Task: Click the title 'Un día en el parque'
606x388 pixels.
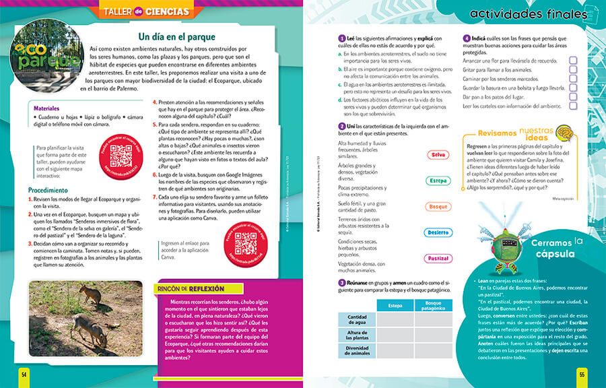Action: point(176,36)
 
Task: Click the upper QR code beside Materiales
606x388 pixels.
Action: point(120,155)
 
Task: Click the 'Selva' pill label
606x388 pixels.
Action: point(438,155)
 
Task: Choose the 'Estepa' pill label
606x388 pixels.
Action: point(438,181)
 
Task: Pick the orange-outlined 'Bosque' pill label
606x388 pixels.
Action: point(438,206)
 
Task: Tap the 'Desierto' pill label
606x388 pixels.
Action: point(438,232)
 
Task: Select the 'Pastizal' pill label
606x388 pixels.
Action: point(438,259)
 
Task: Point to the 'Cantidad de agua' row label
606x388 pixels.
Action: point(356,319)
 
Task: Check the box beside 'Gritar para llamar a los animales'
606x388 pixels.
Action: point(573,69)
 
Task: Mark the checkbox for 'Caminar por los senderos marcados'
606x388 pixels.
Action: point(573,79)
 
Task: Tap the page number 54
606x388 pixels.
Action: point(24,374)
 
